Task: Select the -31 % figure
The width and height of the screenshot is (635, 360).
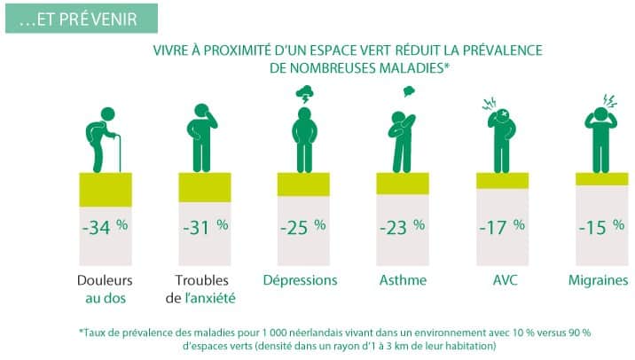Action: pyautogui.click(x=204, y=226)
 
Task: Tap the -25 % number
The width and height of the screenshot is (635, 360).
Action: pyautogui.click(x=303, y=226)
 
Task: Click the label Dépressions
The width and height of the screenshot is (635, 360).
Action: pyautogui.click(x=301, y=280)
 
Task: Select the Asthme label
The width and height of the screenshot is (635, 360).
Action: pyautogui.click(x=402, y=280)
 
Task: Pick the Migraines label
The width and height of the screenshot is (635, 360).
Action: pyautogui.click(x=599, y=280)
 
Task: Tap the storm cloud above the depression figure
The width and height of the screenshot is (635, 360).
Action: pyautogui.click(x=303, y=92)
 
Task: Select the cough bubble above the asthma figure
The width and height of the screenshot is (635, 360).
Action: pyautogui.click(x=409, y=90)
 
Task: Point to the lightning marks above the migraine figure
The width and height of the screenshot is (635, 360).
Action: pyautogui.click(x=611, y=99)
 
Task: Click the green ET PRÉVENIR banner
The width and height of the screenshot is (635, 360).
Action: pyautogui.click(x=81, y=18)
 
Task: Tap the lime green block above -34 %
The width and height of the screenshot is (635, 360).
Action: pyautogui.click(x=106, y=187)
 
